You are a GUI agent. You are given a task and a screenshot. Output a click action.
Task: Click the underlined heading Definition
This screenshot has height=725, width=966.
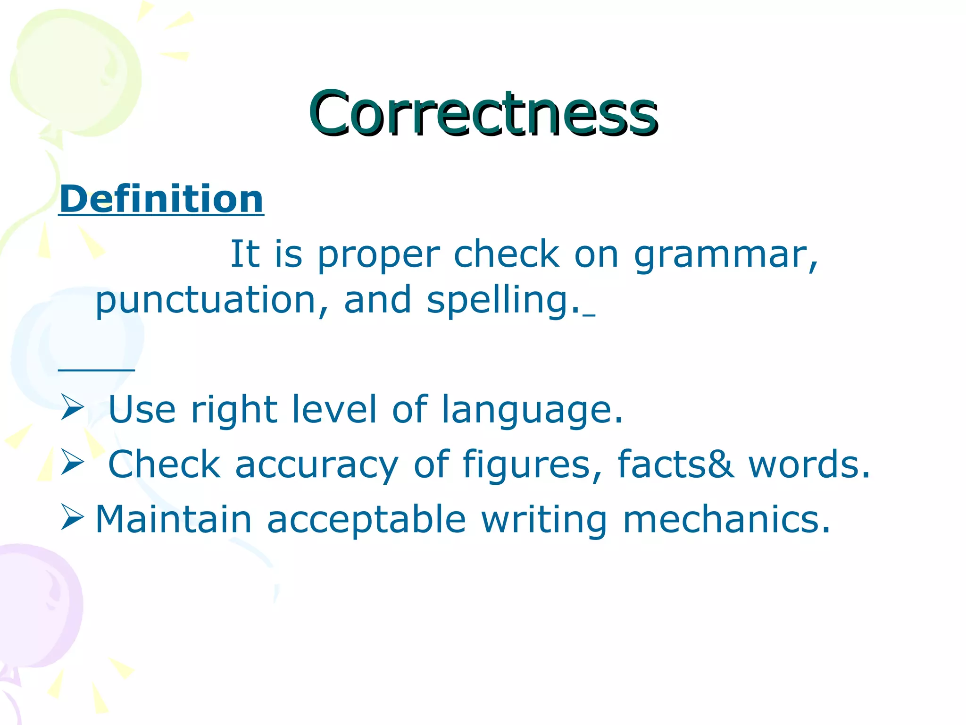tap(161, 199)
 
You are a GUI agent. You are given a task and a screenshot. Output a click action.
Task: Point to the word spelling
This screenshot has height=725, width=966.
tap(503, 301)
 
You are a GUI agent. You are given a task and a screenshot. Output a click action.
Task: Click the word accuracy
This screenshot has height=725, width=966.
tap(316, 465)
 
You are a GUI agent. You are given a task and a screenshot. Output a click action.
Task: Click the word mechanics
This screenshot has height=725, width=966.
tap(726, 519)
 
